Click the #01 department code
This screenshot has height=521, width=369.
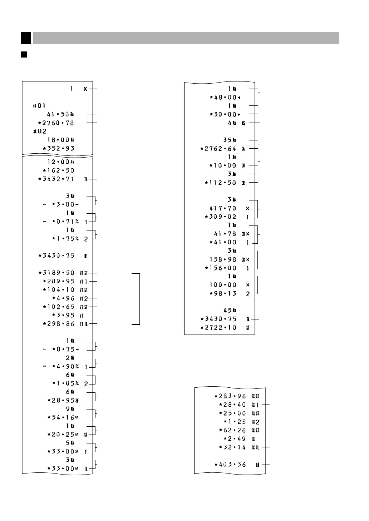(39, 106)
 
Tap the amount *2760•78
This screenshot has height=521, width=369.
(56, 123)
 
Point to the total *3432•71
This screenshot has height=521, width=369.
(56, 179)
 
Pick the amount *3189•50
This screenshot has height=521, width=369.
(56, 273)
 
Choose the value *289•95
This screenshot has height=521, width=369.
(59, 282)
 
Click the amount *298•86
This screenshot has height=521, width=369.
(59, 324)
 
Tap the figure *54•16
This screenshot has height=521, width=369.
(61, 417)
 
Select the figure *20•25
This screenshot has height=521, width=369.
(61, 435)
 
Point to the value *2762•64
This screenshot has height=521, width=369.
(218, 149)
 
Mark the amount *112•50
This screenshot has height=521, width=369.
(221, 183)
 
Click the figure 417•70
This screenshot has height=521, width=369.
(223, 208)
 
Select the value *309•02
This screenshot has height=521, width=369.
(221, 217)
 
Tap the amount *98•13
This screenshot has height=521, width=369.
(223, 294)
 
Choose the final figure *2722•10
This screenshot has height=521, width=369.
(218, 328)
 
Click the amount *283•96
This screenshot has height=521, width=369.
(230, 396)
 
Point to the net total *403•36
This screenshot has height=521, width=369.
(230, 465)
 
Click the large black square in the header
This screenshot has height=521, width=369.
(26, 38)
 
